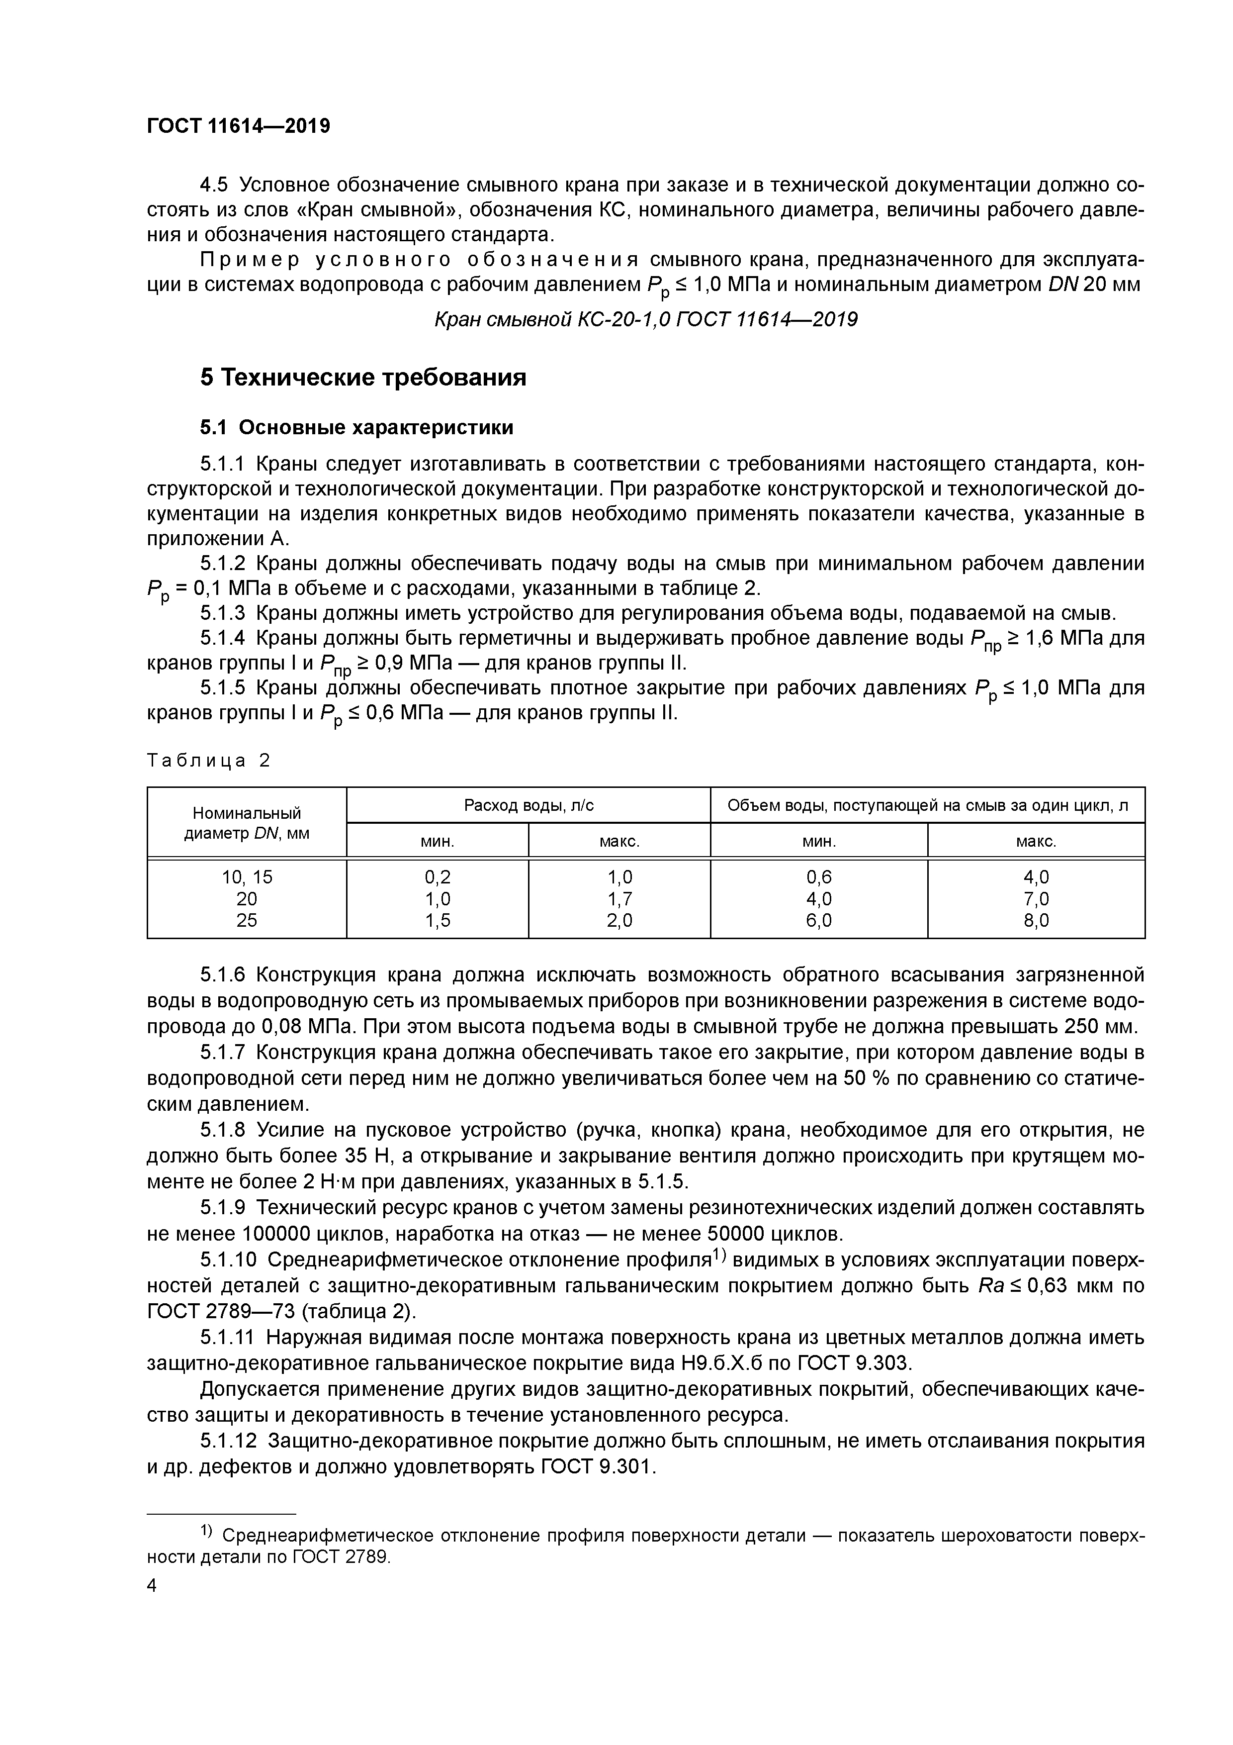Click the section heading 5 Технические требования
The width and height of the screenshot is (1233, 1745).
pos(363,377)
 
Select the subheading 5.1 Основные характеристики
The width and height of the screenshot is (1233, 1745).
pos(356,428)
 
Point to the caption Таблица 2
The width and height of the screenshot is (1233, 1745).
pos(208,760)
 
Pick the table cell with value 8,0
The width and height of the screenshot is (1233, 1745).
pos(1036,920)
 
